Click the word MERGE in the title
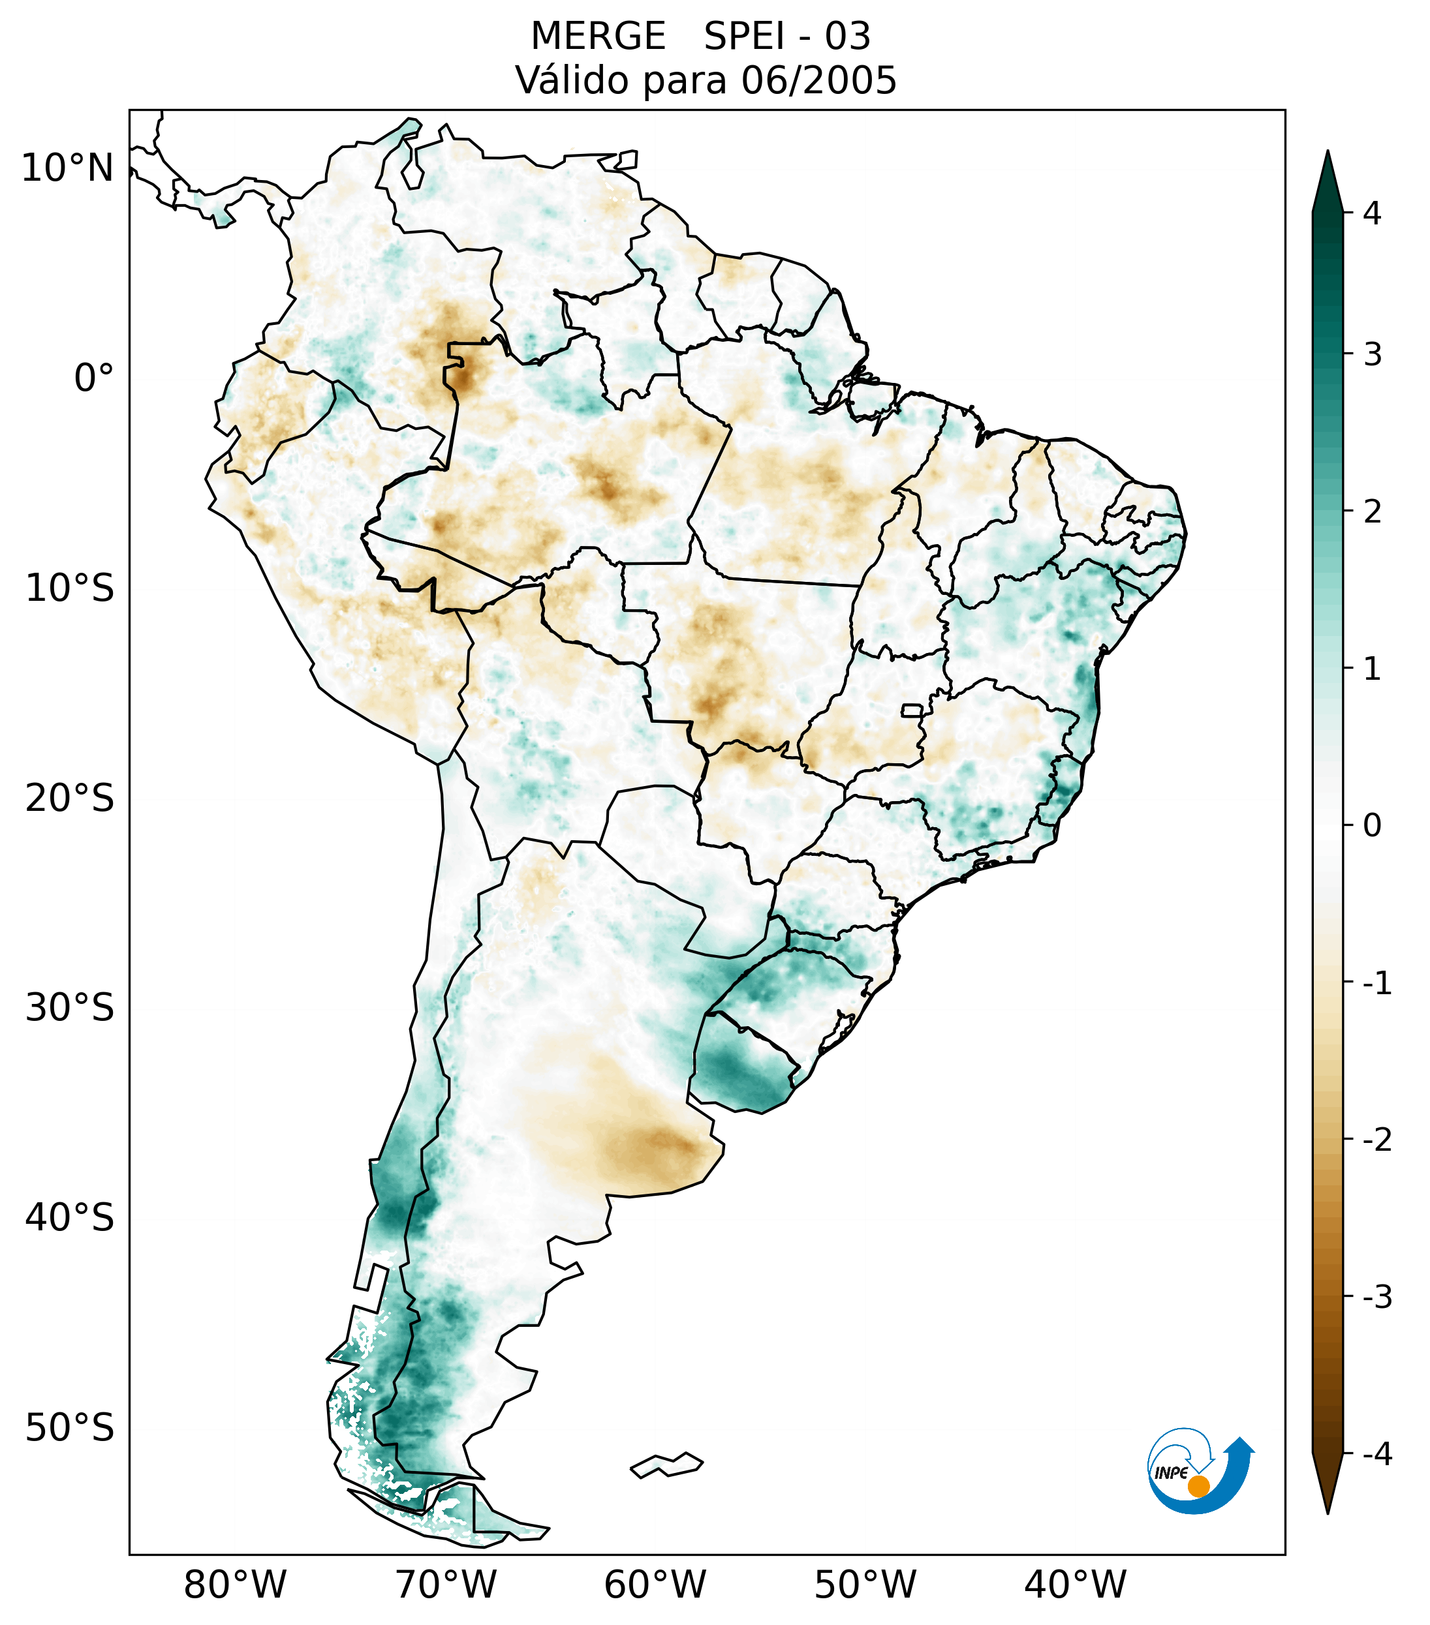coord(598,37)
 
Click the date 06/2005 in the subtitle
coord(818,80)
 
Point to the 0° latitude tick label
coord(94,378)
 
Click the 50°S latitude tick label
coord(70,1428)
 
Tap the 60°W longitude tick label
coord(655,1585)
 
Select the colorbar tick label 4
coord(1372,213)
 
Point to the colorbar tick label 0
coord(1372,826)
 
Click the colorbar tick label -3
coord(1376,1297)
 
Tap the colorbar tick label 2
coord(1372,512)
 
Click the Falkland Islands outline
coord(666,1465)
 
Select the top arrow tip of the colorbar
coord(1328,153)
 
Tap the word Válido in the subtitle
coord(572,80)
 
